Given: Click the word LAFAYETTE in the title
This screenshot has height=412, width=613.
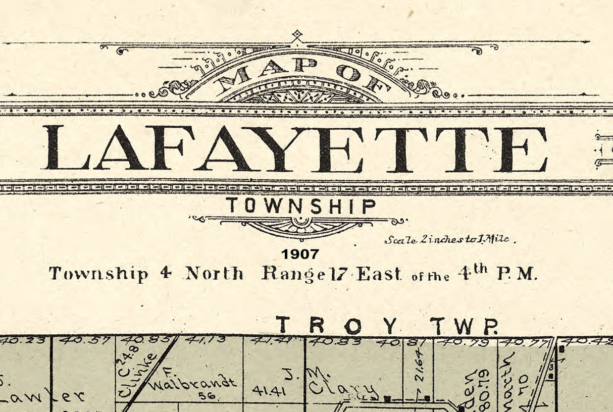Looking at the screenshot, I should [x=295, y=148].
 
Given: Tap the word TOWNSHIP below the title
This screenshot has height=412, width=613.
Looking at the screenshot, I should [x=301, y=206].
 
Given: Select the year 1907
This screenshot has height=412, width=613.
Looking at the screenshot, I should [x=300, y=253].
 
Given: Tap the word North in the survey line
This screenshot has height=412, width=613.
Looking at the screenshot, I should [x=215, y=274].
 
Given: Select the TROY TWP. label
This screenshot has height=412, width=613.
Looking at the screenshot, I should [x=386, y=326].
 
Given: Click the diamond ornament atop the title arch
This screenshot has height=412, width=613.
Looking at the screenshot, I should [x=297, y=35].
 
